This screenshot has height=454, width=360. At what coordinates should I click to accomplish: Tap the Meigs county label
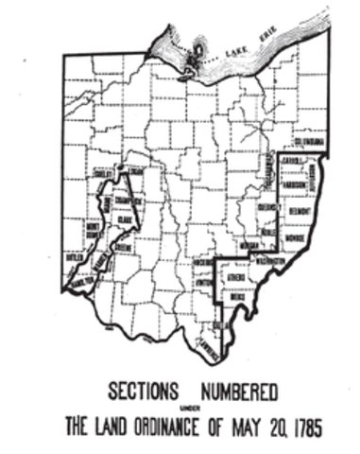coord(236,293)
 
